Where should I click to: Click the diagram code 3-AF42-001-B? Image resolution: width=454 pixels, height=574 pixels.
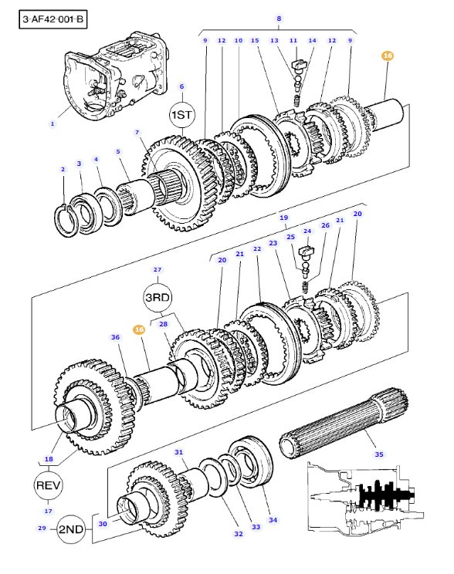click(53, 19)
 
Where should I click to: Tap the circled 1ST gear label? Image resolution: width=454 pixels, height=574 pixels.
click(181, 115)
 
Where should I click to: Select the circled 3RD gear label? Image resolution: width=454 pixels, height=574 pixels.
click(158, 297)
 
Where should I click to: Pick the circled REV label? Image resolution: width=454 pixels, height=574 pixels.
click(49, 485)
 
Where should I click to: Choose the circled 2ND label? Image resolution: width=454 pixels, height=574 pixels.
click(72, 529)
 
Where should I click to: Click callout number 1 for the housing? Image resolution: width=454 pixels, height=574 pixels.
click(53, 123)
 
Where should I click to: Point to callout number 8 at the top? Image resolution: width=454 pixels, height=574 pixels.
click(279, 19)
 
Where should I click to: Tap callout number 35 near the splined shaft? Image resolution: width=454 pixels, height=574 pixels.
click(379, 454)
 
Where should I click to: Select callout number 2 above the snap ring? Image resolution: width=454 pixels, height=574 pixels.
click(63, 169)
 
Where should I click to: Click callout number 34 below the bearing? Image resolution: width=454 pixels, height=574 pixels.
click(273, 520)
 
